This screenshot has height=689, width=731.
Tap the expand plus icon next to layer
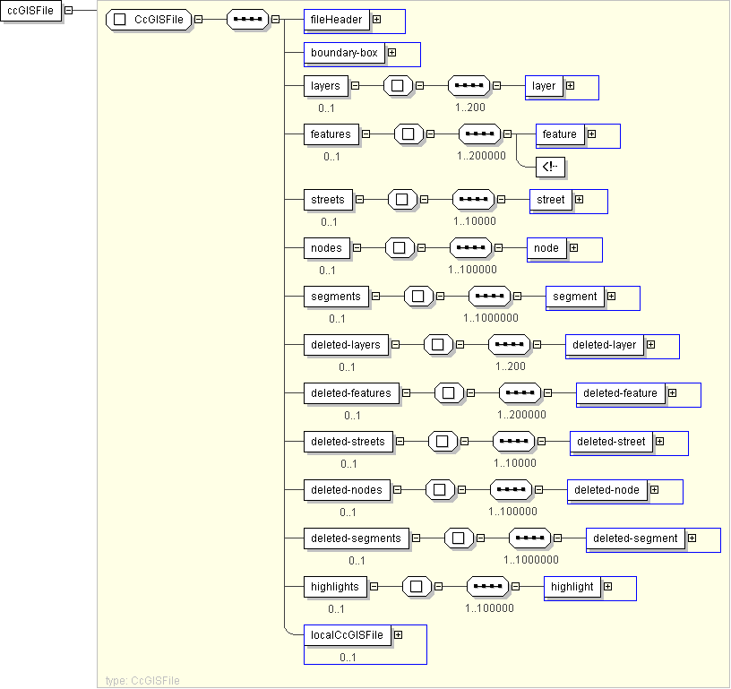point(570,86)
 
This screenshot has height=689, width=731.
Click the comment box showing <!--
point(550,167)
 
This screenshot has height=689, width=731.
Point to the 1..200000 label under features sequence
point(481,156)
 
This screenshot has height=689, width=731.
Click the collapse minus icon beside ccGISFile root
point(68,10)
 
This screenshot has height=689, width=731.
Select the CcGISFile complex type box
point(149,20)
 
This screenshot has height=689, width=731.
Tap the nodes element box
point(326,248)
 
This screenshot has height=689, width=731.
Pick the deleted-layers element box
point(346,345)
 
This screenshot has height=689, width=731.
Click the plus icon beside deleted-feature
point(672,393)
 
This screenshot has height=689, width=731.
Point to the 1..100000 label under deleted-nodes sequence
point(512,512)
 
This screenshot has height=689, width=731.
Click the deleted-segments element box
point(357,538)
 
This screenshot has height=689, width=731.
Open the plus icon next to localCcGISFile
point(398,635)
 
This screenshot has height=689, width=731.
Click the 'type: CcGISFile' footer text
point(142,681)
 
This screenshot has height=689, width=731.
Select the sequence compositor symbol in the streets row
point(473,200)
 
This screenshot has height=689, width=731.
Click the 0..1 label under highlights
point(336,609)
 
